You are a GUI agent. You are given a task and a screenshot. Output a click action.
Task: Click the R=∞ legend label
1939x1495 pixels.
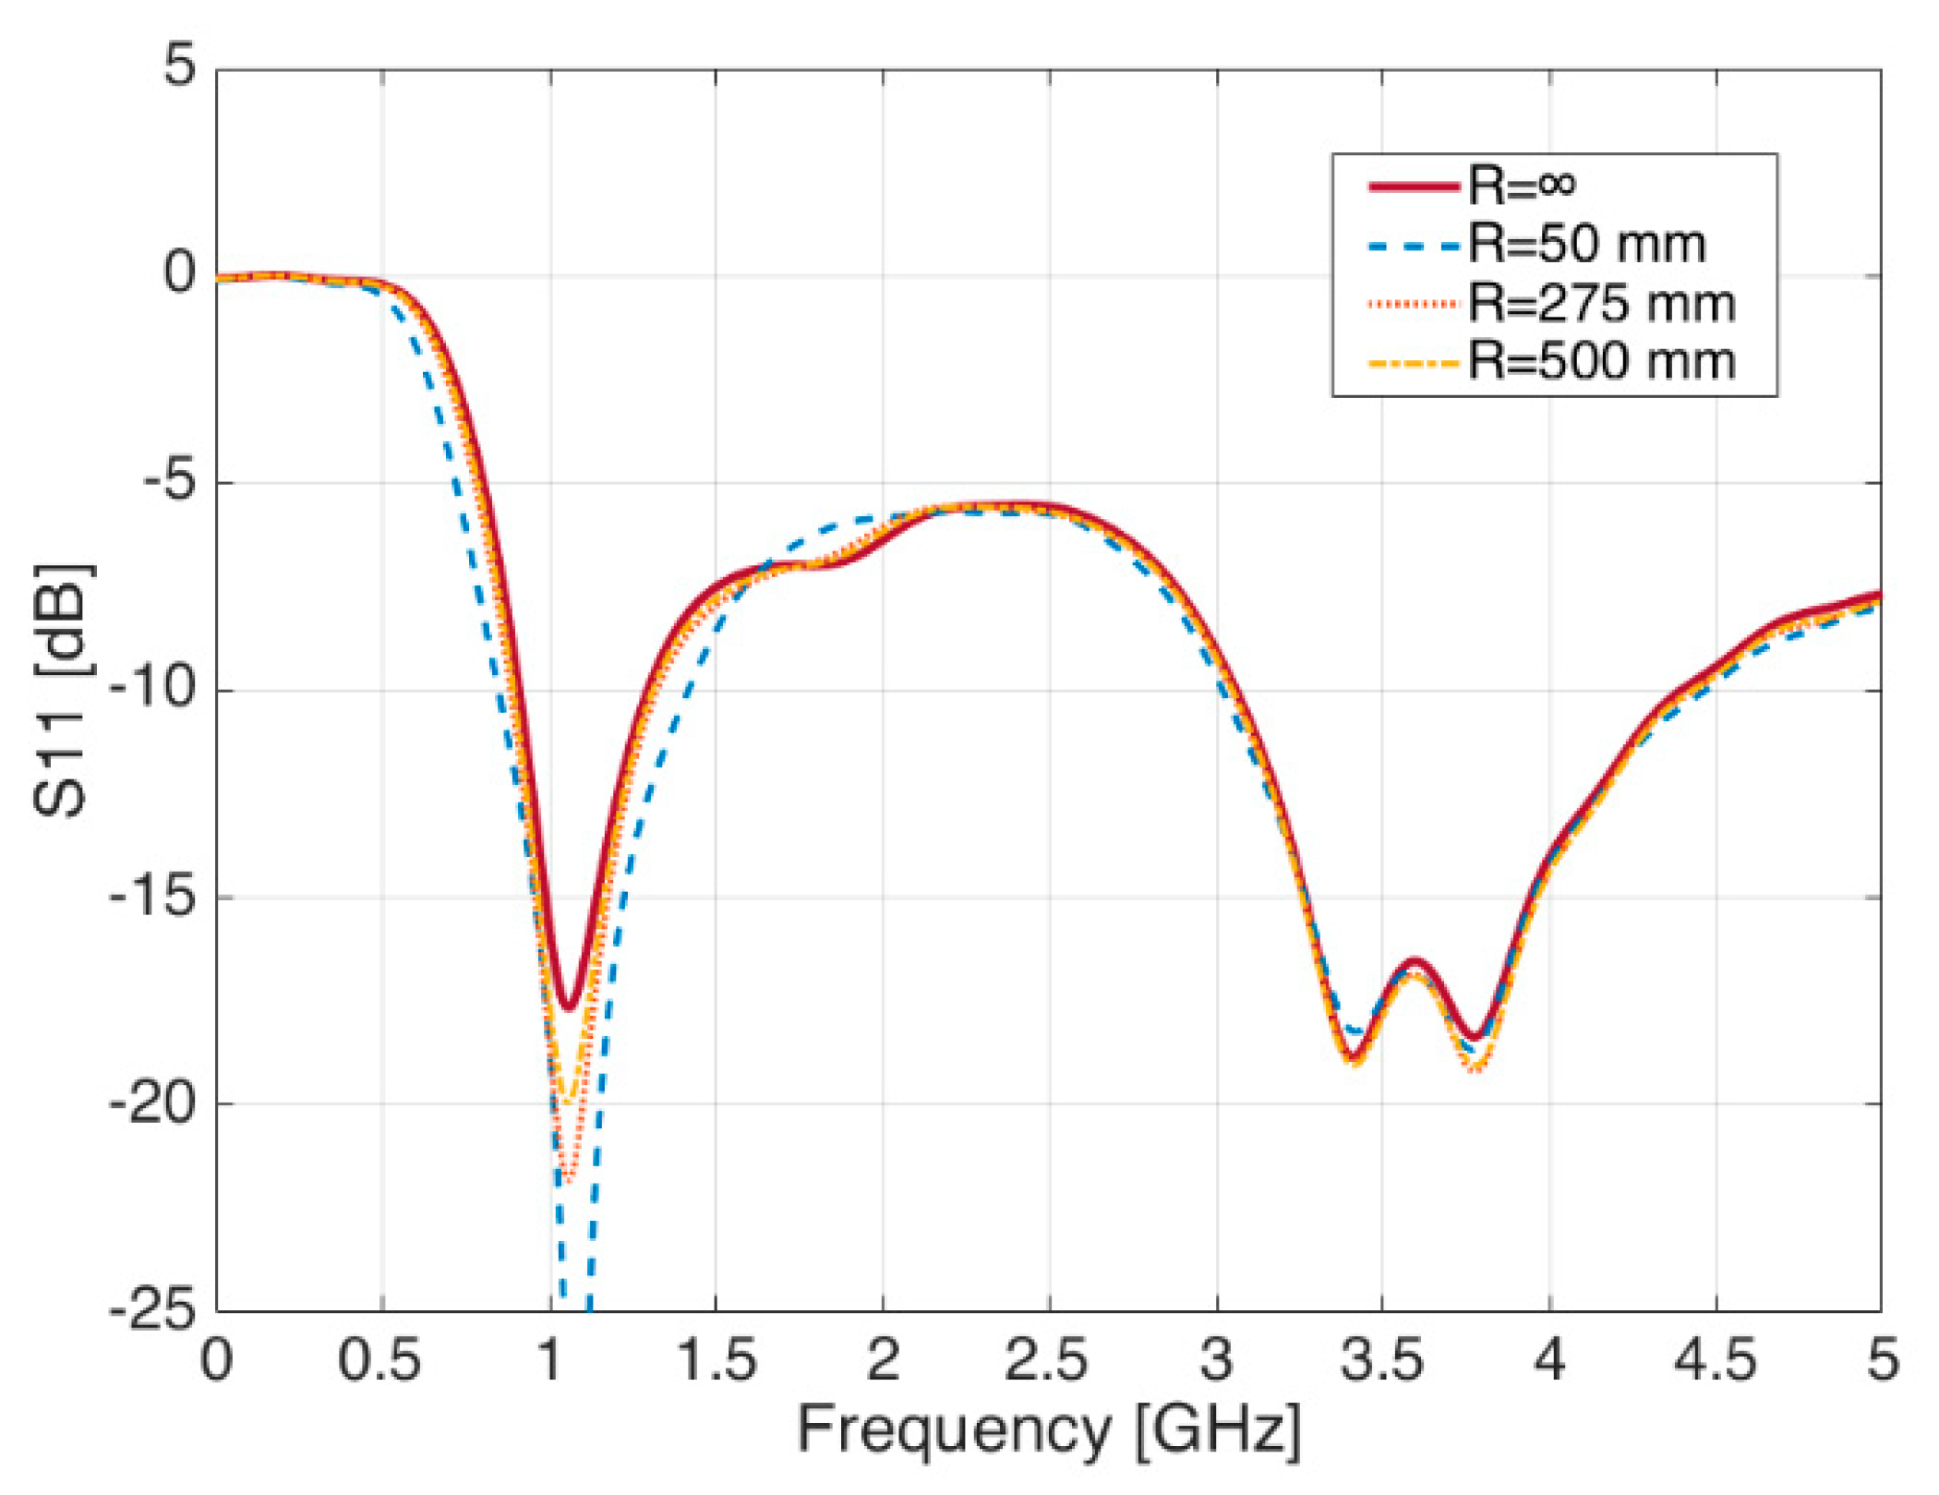(x=1522, y=186)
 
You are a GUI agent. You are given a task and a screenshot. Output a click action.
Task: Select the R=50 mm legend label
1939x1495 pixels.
(x=1586, y=245)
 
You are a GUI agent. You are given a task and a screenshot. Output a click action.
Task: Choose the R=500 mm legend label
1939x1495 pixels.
(x=1601, y=361)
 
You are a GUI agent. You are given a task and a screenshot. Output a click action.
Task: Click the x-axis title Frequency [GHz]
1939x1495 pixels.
(x=1049, y=1429)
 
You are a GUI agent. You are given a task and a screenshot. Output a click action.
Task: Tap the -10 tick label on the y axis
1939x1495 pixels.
(x=153, y=689)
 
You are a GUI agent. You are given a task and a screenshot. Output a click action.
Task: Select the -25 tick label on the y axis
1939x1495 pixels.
(x=153, y=1309)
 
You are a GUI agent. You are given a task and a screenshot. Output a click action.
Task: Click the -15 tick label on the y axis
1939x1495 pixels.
(x=153, y=896)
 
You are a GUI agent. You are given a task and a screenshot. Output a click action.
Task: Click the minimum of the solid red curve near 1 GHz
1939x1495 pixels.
(x=569, y=1007)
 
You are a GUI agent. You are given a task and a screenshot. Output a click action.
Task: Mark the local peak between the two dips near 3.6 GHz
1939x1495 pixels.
(x=1416, y=962)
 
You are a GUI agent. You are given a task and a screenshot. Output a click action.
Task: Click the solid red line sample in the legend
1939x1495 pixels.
(x=1413, y=187)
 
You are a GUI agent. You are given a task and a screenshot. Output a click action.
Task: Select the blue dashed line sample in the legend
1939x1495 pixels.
(x=1413, y=246)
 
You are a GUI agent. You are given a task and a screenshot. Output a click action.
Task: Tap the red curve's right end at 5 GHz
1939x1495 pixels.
(x=1878, y=594)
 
